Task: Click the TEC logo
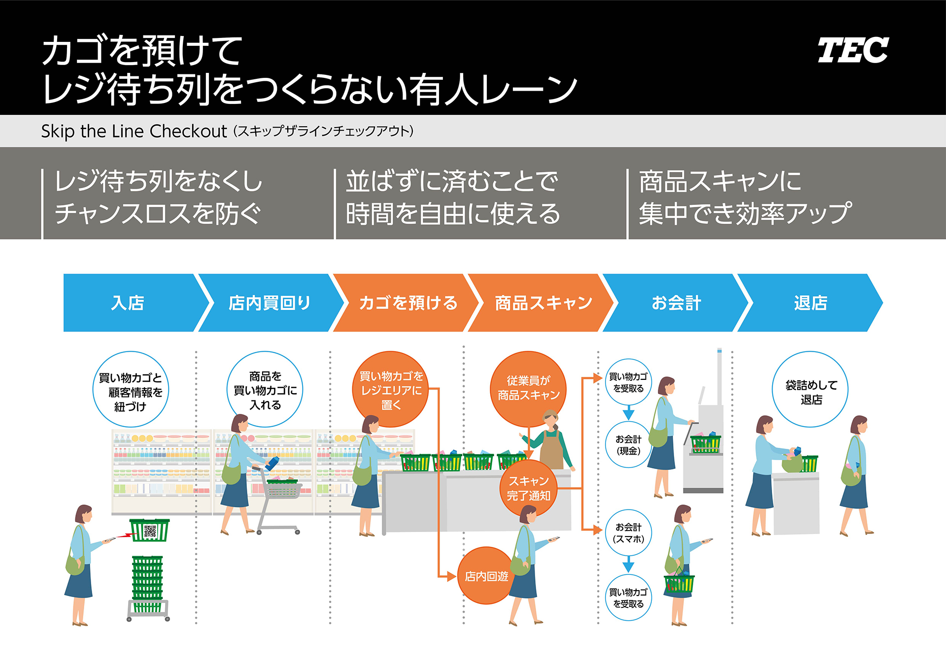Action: (853, 50)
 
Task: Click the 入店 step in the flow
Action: (129, 302)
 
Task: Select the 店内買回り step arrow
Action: (270, 302)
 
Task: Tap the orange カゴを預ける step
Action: (408, 302)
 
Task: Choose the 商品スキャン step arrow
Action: (543, 302)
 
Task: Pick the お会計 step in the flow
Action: (676, 302)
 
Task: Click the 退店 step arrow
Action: (811, 302)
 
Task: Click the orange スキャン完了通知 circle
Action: (528, 488)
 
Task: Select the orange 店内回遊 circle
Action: (486, 576)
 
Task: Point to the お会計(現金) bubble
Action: (628, 445)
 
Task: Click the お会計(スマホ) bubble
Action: (628, 533)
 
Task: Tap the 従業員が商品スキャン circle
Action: (528, 388)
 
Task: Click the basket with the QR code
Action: (149, 531)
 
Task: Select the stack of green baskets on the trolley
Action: (147, 584)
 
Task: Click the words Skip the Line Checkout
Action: (134, 131)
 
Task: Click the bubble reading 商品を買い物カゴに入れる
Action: (265, 390)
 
